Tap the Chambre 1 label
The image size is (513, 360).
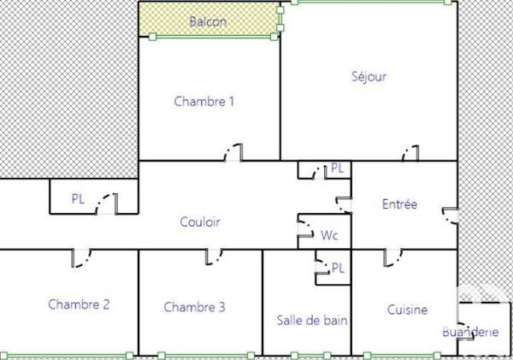tap(204, 101)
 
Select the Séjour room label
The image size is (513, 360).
tap(369, 76)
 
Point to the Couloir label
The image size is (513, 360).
tap(200, 221)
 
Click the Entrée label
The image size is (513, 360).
tap(399, 204)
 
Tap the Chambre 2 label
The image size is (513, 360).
tap(79, 304)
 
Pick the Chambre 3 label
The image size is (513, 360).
tap(195, 307)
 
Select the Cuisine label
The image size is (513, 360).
tap(407, 310)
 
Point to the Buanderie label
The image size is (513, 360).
tap(469, 332)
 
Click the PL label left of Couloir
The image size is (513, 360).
tap(78, 198)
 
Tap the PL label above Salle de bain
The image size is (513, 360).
tap(338, 268)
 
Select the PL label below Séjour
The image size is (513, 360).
tap(337, 168)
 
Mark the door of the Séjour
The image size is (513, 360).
tap(411, 154)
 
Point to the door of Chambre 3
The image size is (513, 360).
tap(214, 255)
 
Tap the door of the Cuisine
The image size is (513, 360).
tap(392, 255)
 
